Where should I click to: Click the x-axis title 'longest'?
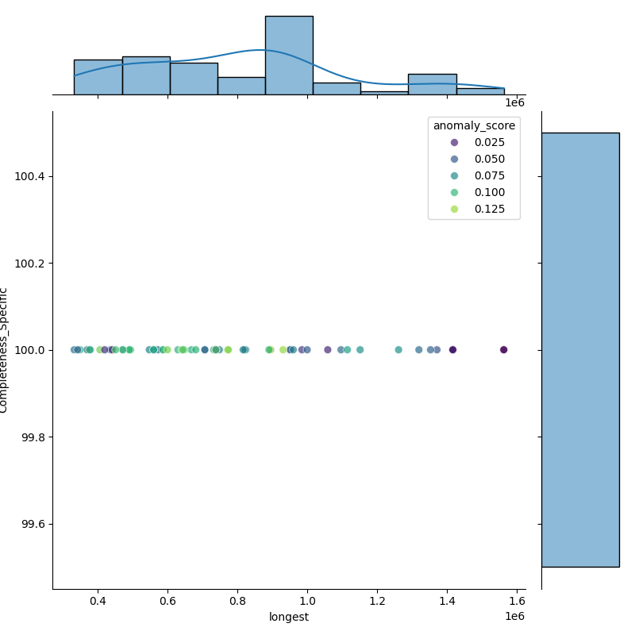coord(289,617)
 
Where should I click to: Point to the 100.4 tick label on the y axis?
coord(30,176)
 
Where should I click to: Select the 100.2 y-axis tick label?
coord(30,263)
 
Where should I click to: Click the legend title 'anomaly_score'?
coord(474,125)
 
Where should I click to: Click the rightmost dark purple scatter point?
coord(503,350)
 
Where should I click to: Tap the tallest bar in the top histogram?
coord(289,56)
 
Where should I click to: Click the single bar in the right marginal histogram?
coord(580,349)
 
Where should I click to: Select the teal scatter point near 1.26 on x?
coord(398,350)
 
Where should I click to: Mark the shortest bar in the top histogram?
coord(384,93)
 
